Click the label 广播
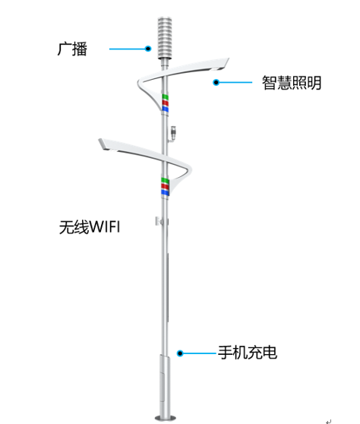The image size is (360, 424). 72,49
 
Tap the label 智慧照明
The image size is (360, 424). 292,83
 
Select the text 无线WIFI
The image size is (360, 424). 90,226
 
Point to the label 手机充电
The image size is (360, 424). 248,353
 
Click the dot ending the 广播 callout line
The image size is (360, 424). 148,49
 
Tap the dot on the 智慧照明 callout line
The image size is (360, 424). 216,82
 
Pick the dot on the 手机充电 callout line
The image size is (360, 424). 180,353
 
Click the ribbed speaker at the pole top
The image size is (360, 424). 165,38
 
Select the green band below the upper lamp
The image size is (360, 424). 165,97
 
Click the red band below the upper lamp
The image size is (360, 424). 165,103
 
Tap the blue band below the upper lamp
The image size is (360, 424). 165,109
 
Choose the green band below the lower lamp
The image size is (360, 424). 165,180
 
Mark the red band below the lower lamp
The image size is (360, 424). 165,186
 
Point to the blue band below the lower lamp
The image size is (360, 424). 165,192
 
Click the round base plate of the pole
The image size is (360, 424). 165,418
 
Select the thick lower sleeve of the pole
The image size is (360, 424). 165,385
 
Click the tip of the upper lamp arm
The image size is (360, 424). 229,59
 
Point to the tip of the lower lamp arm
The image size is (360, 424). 99,140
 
